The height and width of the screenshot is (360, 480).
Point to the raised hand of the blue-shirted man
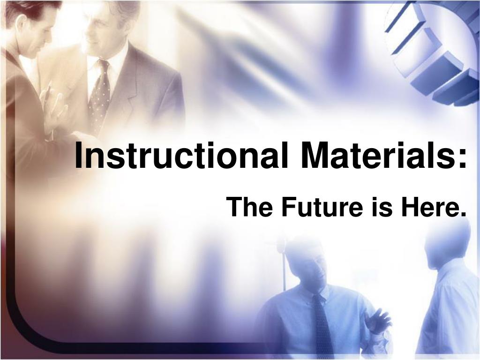[x=378, y=321]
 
